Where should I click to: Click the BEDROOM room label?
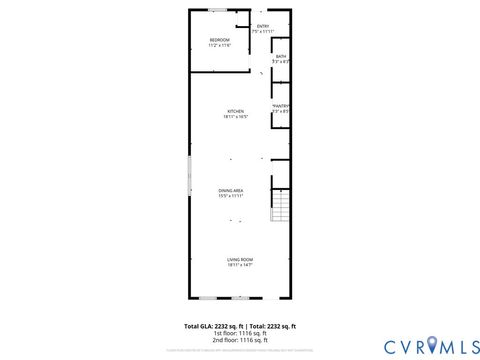[x=219, y=41]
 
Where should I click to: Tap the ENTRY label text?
[x=263, y=26]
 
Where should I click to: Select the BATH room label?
[x=281, y=56]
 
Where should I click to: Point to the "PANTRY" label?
[x=280, y=106]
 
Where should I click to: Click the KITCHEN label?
[x=235, y=111]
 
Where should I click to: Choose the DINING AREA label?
[x=231, y=190]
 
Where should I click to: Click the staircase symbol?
[x=281, y=209]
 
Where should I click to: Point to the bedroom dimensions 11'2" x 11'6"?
[x=219, y=46]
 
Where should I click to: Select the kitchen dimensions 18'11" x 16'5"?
[x=235, y=117]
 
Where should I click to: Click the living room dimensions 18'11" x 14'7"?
[x=239, y=265]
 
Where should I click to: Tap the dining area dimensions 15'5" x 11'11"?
[x=231, y=196]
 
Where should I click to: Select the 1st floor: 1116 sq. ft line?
[x=240, y=334]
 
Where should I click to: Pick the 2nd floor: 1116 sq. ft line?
[x=240, y=341]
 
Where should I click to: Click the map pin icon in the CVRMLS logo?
[x=433, y=346]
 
